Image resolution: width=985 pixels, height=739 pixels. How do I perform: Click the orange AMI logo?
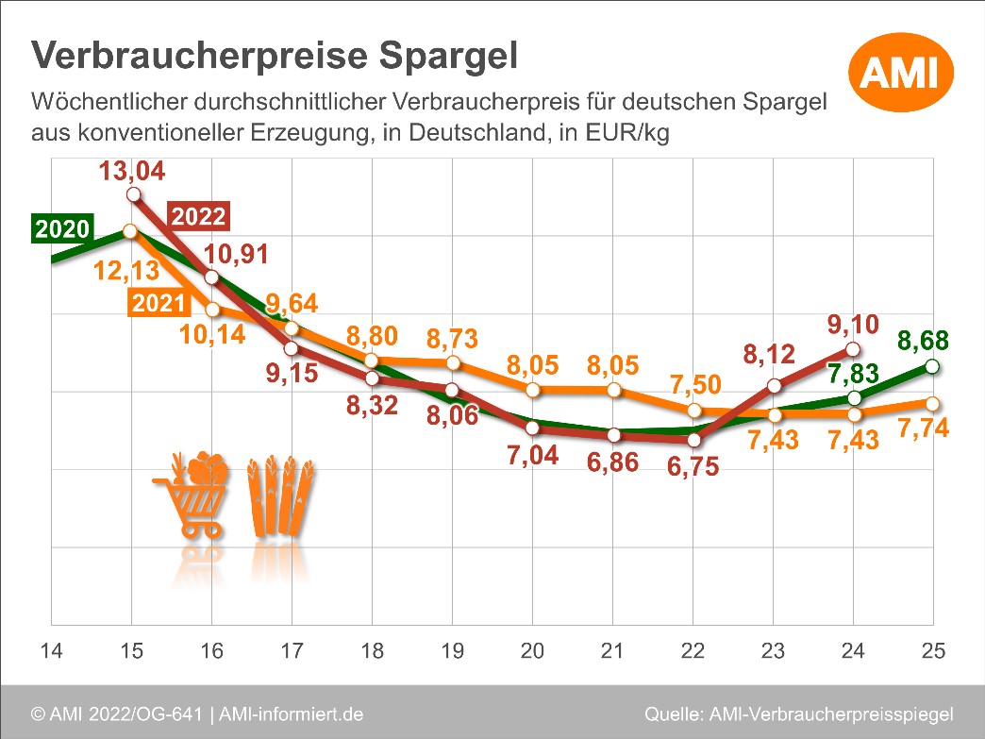point(901,70)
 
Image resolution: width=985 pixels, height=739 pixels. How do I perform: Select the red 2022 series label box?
point(199,216)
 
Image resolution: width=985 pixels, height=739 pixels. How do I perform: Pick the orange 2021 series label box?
point(159,304)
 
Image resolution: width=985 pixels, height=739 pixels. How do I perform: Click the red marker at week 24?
point(854,351)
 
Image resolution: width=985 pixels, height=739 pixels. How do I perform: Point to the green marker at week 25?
point(932,366)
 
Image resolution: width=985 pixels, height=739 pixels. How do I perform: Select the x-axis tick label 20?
point(532,652)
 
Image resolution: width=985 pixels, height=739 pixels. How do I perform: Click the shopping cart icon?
point(192,495)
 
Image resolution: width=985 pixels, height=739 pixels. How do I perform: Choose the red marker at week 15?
point(133,194)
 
